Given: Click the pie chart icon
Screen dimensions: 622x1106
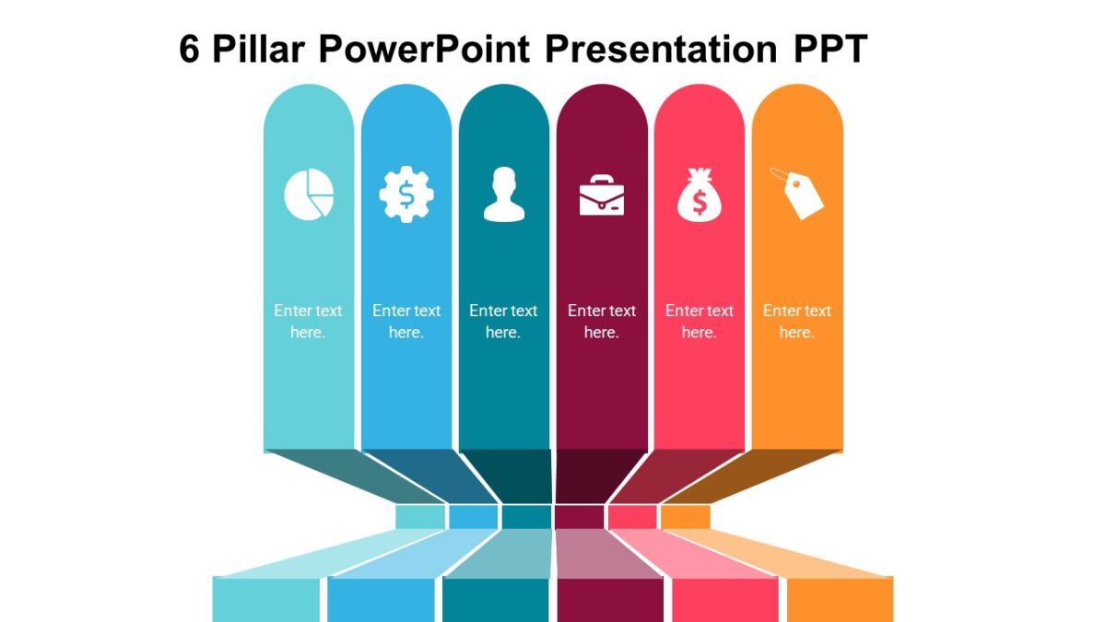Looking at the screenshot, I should [308, 194].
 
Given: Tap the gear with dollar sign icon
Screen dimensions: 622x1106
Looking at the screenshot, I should [406, 194].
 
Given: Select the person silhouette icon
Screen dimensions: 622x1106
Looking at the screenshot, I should [503, 194].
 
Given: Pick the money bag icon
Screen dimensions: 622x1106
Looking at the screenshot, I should [700, 195].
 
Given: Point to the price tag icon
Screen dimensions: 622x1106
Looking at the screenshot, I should [798, 193].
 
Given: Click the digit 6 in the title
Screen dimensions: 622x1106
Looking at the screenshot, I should [189, 50].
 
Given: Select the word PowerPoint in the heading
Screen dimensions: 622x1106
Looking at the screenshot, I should [426, 50].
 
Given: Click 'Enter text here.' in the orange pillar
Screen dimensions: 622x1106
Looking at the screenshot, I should [796, 322].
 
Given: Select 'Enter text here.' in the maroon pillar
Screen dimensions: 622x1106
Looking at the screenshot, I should [601, 322].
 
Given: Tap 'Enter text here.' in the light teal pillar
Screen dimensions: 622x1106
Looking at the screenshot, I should [308, 322].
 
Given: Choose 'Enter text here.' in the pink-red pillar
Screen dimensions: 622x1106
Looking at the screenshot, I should [699, 322].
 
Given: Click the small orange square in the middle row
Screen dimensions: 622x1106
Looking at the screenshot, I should [685, 517].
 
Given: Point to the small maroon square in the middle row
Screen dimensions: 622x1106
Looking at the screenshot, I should [579, 517].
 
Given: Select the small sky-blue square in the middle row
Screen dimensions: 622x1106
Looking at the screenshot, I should [473, 517].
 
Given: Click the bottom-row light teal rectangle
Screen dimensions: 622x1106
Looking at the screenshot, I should [266, 599].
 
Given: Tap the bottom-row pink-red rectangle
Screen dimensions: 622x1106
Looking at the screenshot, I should [724, 599].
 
